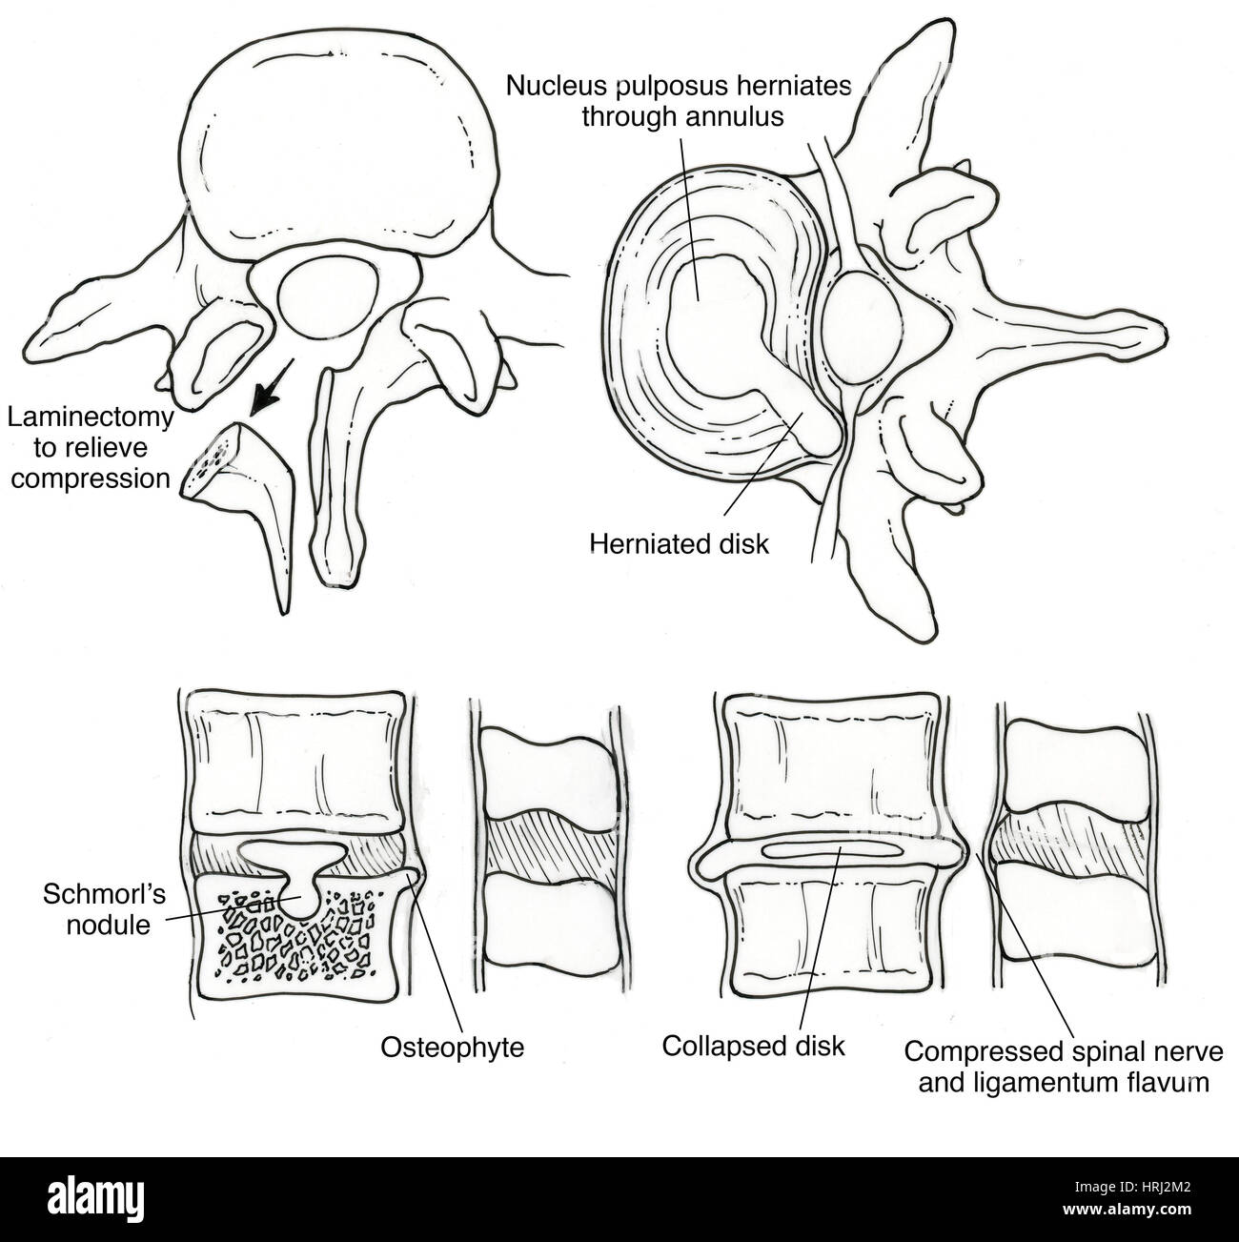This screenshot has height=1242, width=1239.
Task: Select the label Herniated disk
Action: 680,543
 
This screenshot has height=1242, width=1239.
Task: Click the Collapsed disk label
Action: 754,1045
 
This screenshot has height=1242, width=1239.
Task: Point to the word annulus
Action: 741,116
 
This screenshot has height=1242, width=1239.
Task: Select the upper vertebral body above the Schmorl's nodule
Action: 293,764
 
